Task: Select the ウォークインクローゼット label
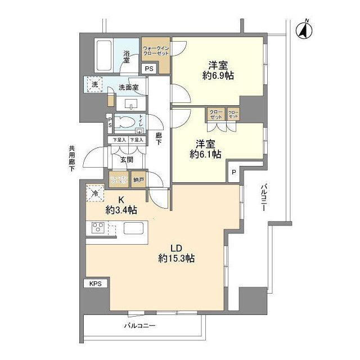pos(156,50)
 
